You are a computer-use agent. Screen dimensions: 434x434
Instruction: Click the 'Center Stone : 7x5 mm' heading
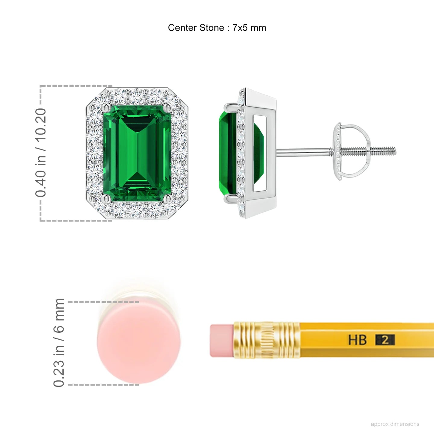pyautogui.click(x=217, y=28)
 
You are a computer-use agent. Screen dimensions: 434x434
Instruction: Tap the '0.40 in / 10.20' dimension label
pyautogui.click(x=41, y=153)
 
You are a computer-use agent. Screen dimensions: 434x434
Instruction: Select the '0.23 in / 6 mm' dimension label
pyautogui.click(x=59, y=343)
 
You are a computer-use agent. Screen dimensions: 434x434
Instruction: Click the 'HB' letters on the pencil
pyautogui.click(x=357, y=340)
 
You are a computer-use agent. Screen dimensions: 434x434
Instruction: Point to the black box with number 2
pyautogui.click(x=385, y=340)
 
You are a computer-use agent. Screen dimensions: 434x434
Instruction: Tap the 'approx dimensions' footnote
pyautogui.click(x=395, y=424)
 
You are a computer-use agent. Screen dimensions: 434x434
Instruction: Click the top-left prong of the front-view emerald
pyautogui.click(x=106, y=108)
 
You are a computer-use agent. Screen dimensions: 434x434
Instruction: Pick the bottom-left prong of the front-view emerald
pyautogui.click(x=106, y=198)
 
